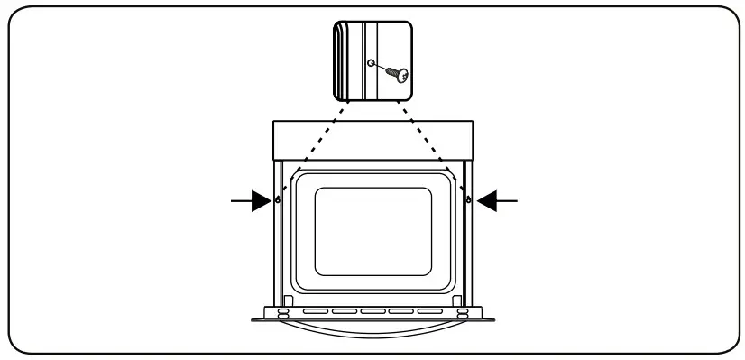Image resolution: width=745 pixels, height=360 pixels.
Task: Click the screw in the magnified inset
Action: coord(394,74)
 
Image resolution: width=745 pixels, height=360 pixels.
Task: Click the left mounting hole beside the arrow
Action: coord(279,199)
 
